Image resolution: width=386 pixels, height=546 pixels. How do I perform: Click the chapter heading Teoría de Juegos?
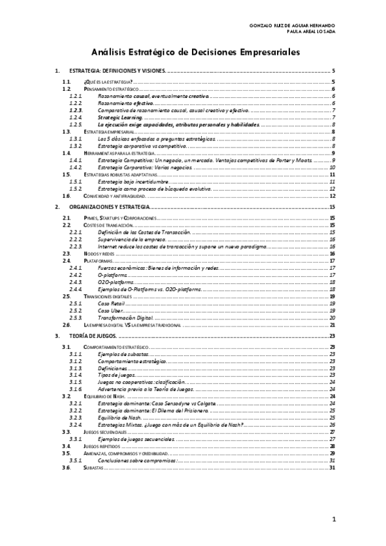pos(95,336)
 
